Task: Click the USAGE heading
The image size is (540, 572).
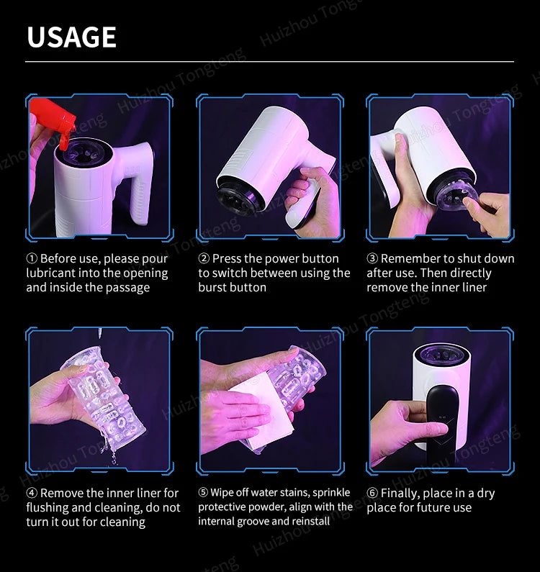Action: pos(71,37)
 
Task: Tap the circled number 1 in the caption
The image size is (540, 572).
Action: pos(32,258)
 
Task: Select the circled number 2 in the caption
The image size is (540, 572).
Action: pos(204,258)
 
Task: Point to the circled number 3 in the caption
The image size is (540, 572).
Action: pos(372,258)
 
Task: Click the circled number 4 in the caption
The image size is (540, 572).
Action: pos(32,493)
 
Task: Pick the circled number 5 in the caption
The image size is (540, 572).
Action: pos(203,492)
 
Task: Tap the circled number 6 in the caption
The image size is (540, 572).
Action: pos(372,493)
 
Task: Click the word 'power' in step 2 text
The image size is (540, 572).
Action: pos(259,259)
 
